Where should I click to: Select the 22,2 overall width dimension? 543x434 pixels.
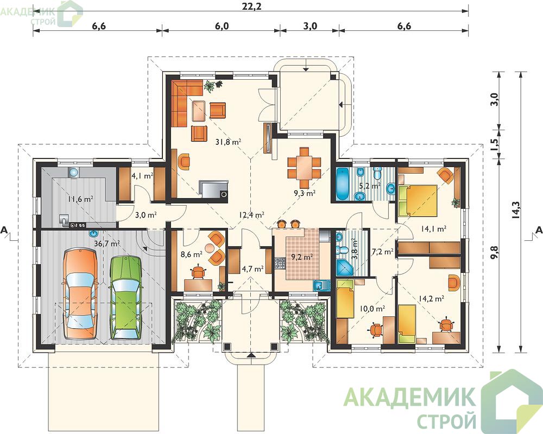[x=249, y=8]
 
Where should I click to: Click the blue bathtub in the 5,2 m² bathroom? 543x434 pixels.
[x=344, y=184]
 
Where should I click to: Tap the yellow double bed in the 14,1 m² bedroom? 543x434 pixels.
[x=418, y=199]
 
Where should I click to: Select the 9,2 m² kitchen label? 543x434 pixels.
[x=300, y=257]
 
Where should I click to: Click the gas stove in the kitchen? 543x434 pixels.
[x=280, y=263]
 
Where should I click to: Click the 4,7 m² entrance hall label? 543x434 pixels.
[x=253, y=268]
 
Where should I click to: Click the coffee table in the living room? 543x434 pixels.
[x=199, y=111]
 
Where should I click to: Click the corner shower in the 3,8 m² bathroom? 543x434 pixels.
[x=344, y=267]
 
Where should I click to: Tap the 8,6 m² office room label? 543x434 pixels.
[x=192, y=255]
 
